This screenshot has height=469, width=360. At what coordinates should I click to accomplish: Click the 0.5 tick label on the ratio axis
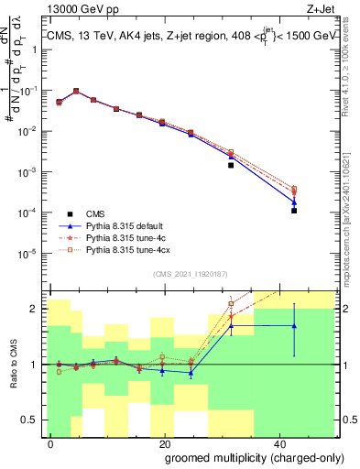30,420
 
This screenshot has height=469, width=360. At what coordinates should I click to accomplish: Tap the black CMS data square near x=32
231,166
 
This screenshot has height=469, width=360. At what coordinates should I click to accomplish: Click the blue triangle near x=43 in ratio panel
294,326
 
